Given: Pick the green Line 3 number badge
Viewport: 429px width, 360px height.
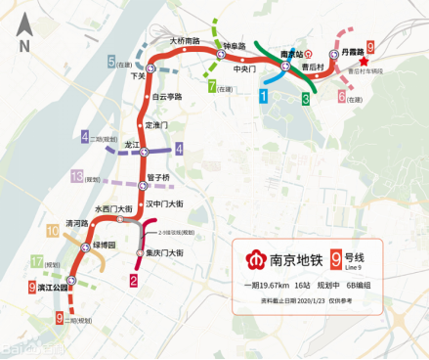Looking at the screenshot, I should point(306,99).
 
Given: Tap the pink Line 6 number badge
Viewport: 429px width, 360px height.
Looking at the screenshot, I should point(341,96).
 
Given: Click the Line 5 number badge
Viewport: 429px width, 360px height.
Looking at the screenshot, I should point(112,62).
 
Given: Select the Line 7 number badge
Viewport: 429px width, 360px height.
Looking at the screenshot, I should point(212,86).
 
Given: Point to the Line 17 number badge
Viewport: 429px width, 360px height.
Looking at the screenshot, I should point(36,262).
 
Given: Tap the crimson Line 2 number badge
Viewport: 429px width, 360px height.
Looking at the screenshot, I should point(132,280).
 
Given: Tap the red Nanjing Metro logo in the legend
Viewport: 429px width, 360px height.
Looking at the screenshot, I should point(253,262).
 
